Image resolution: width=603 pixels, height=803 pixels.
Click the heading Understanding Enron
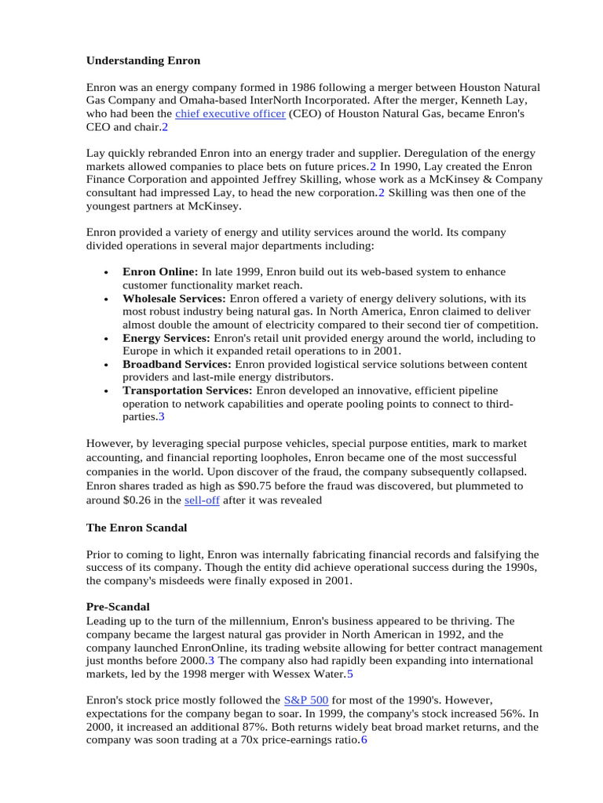(x=143, y=60)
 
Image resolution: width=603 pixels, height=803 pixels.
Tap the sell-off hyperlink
(x=202, y=500)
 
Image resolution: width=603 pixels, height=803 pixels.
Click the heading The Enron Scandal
(x=136, y=528)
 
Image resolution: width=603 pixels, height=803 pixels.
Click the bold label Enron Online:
(x=160, y=272)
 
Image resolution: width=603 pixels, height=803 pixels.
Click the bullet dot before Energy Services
(x=105, y=339)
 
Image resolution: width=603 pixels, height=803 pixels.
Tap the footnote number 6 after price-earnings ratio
(x=364, y=739)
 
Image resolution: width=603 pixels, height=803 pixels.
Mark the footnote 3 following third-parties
(x=161, y=417)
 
